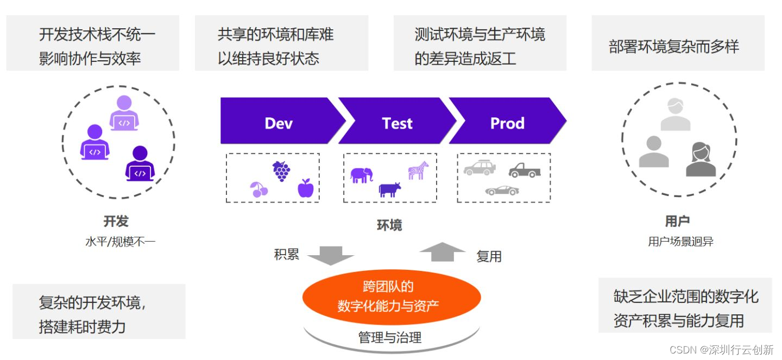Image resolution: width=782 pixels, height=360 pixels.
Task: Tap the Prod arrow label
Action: coord(507,123)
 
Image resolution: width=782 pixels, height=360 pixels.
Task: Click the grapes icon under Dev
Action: coord(281,171)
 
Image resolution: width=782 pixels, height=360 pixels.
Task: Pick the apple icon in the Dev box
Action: coord(305,188)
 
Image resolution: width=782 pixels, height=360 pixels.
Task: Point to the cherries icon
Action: coord(258,190)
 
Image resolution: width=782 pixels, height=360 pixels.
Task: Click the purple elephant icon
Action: coord(362,175)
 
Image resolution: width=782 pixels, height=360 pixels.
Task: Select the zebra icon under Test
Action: coord(418,170)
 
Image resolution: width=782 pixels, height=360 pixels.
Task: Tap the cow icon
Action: coord(390,189)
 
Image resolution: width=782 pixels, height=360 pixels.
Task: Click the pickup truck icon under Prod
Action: coord(525,170)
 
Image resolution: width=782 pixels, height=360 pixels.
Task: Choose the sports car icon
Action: coord(502,190)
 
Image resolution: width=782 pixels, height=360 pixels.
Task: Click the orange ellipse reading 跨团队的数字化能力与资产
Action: coord(391,296)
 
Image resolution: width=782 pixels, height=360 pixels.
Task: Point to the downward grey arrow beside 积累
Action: coord(330,255)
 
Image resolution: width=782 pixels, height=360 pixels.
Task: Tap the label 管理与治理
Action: coord(390,337)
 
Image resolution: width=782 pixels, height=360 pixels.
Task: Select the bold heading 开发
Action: coord(116,221)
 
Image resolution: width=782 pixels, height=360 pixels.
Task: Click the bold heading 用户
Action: coord(677,221)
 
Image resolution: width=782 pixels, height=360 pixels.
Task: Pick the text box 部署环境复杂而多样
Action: coord(677,47)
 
